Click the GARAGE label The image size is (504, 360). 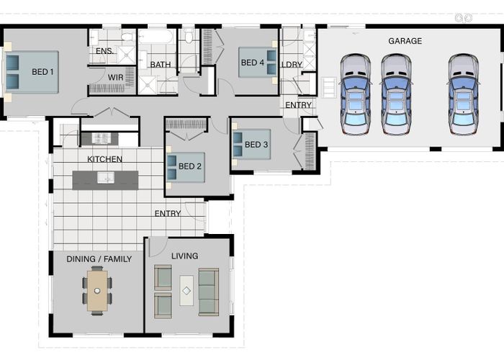[405, 41]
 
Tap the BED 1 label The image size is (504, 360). [42, 72]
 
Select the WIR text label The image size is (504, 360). [115, 78]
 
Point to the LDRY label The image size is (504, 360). [292, 65]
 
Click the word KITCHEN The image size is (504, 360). [105, 159]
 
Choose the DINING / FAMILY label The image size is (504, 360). [99, 259]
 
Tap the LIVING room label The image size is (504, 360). [184, 256]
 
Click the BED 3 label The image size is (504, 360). [256, 145]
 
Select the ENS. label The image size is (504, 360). [104, 51]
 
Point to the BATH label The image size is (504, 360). [161, 65]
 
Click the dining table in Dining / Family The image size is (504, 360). [97, 291]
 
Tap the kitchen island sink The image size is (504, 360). [106, 177]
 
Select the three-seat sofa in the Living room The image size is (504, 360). [209, 292]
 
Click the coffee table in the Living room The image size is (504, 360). [186, 291]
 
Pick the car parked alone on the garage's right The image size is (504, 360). [463, 94]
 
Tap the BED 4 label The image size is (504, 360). [253, 63]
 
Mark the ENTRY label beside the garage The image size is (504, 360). [298, 105]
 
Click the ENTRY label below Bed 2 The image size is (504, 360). [168, 213]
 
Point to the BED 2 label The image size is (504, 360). [189, 166]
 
